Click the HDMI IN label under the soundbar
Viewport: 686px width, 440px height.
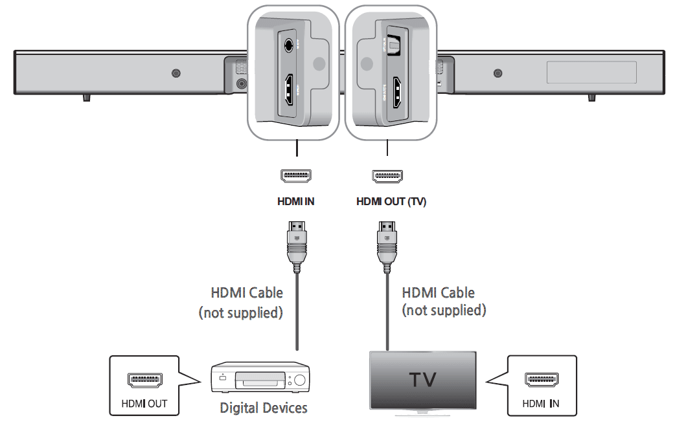[295, 201]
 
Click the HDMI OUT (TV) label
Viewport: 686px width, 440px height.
[391, 201]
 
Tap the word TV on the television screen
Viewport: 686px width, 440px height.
[423, 379]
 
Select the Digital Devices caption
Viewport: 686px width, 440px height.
[263, 408]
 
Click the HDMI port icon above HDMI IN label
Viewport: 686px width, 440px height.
[295, 175]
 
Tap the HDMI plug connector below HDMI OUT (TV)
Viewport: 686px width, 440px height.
[387, 245]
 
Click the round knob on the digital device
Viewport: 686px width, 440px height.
[299, 381]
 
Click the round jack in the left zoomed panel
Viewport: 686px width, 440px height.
[289, 46]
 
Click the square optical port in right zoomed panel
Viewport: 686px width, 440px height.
[393, 45]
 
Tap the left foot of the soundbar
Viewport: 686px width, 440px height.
[86, 97]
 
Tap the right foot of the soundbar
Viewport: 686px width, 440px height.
[591, 97]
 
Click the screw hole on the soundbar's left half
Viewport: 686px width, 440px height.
[176, 73]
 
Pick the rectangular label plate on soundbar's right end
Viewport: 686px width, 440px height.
[591, 72]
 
